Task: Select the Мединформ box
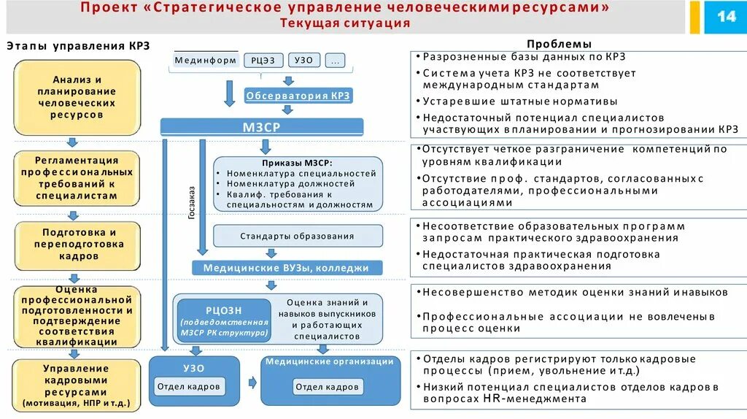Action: [x=206, y=61]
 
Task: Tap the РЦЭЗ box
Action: [x=263, y=61]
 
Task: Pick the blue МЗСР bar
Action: [x=261, y=126]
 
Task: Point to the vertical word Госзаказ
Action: [x=192, y=202]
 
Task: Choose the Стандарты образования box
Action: [x=297, y=236]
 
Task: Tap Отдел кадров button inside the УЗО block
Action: [x=189, y=387]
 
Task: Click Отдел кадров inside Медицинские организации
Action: [x=326, y=387]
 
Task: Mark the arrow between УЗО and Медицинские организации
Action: [x=252, y=382]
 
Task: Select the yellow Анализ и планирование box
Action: [x=77, y=97]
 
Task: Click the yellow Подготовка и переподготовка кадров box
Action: [x=77, y=245]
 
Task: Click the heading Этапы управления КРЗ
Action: [x=78, y=45]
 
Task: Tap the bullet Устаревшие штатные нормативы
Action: [x=520, y=101]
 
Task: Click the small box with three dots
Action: [x=335, y=61]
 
